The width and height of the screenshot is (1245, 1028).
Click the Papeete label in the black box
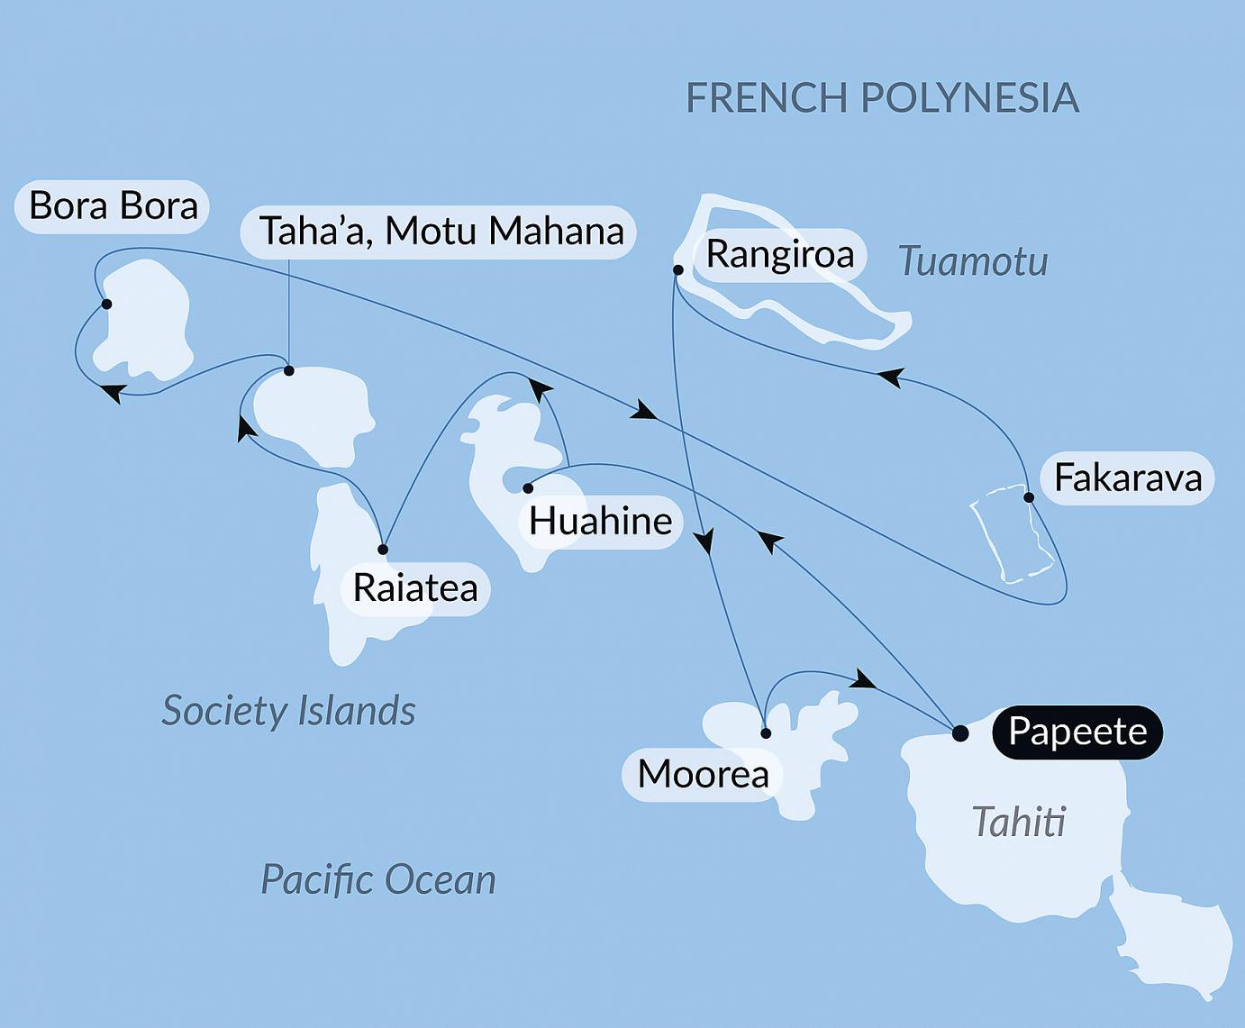pos(1077,732)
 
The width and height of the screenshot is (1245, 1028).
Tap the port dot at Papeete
pos(960,732)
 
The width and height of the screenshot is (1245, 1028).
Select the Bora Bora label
pos(113,206)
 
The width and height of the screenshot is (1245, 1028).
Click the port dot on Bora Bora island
pos(106,305)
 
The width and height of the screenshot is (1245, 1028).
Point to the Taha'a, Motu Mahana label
pos(440,232)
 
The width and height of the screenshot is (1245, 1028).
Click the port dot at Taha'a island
pos(288,370)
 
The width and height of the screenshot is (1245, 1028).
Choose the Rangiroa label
pos(779,254)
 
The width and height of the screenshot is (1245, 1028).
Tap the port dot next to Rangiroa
pos(677,269)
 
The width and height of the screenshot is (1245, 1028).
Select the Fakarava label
pos(1127,478)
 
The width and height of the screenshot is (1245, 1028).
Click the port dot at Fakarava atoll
pos(1028,497)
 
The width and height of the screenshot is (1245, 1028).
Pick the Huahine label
pos(600,521)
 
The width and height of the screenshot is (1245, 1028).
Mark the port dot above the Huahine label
pos(528,488)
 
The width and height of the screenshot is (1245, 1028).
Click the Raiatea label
pos(414,588)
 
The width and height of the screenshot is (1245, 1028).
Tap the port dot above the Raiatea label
pos(383,550)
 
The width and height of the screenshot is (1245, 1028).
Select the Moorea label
pos(703,774)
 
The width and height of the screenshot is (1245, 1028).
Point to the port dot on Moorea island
pos(766,733)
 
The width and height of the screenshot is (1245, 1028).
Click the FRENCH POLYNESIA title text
pos(882,97)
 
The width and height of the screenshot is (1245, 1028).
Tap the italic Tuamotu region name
pos(973,261)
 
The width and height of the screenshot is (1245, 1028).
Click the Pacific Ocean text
pos(378,879)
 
